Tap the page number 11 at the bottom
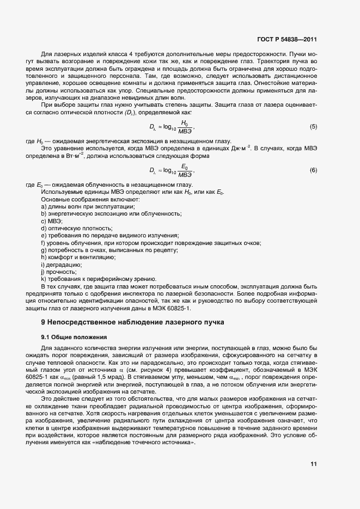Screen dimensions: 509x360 [313, 464]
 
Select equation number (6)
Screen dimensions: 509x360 [313, 170]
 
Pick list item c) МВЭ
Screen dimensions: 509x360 [52, 221]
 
